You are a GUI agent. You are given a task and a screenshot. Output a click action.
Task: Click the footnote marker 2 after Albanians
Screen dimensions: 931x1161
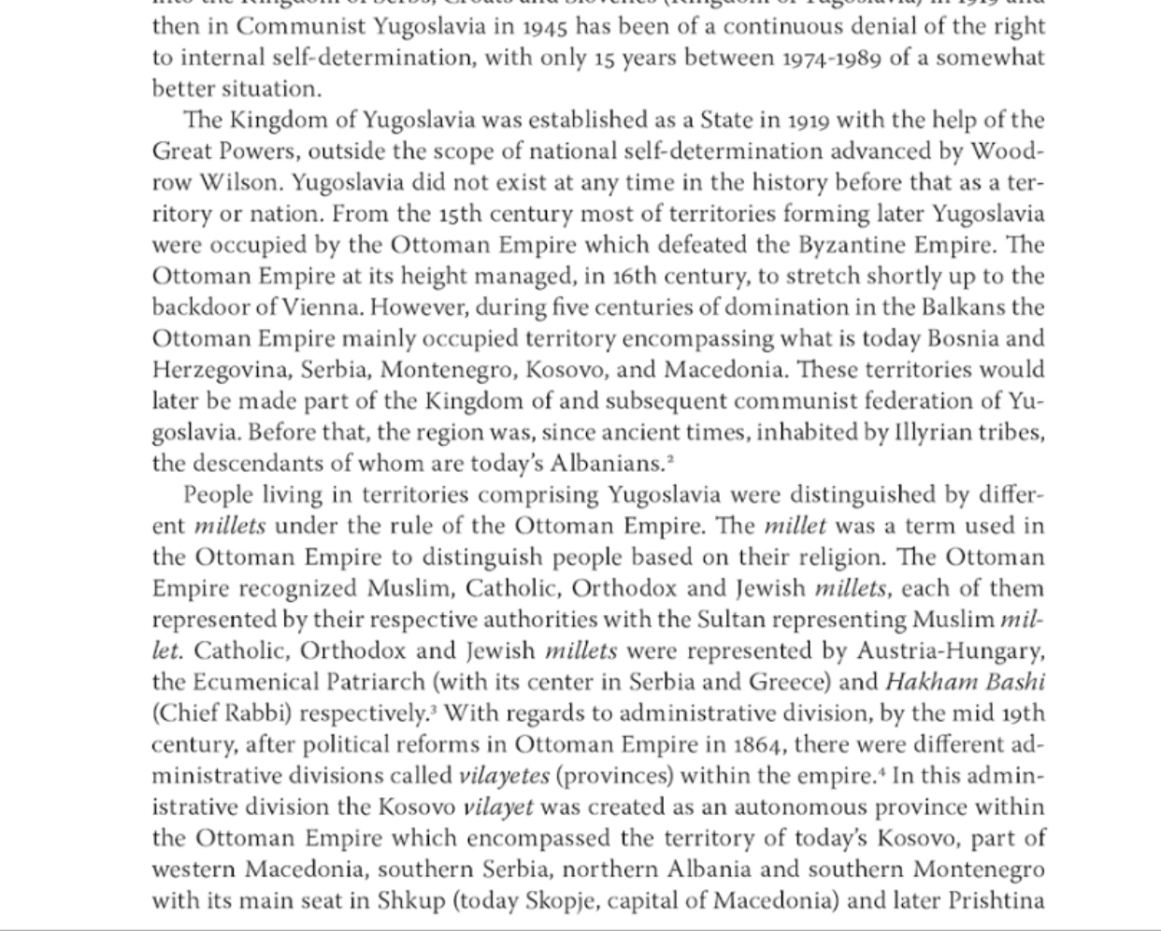coord(671,458)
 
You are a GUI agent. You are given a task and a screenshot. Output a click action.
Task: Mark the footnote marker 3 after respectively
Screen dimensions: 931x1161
coord(433,709)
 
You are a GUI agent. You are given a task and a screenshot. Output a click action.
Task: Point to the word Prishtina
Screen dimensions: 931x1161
coord(996,901)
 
